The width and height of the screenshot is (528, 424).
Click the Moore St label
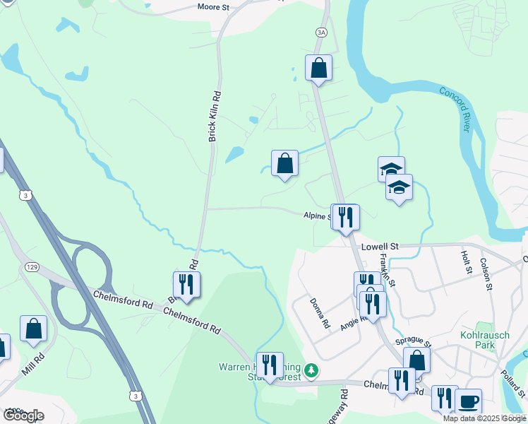pyautogui.click(x=215, y=8)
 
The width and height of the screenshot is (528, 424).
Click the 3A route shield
pyautogui.click(x=322, y=33)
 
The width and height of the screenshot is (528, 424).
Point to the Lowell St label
pyautogui.click(x=380, y=247)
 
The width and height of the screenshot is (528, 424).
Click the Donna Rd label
pyautogui.click(x=320, y=314)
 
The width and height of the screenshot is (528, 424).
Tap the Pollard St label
pyautogui.click(x=516, y=381)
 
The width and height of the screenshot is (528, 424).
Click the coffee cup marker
pyautogui.click(x=468, y=401)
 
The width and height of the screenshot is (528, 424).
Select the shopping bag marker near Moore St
pyautogui.click(x=318, y=68)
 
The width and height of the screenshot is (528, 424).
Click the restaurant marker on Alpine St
pyautogui.click(x=345, y=216)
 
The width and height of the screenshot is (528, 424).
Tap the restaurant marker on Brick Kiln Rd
pyautogui.click(x=186, y=284)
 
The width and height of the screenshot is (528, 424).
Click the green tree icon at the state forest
pyautogui.click(x=311, y=370)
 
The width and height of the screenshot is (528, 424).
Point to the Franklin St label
pyautogui.click(x=388, y=269)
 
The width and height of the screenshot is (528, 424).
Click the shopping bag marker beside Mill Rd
pyautogui.click(x=33, y=328)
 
